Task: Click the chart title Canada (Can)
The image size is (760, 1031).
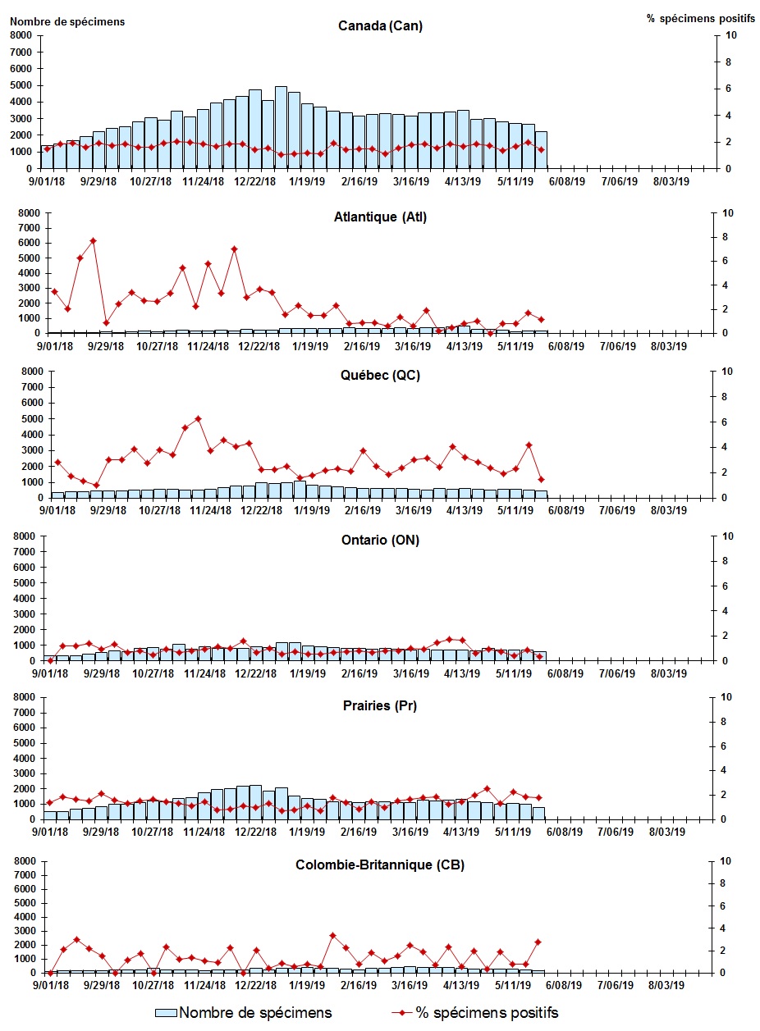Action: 380,25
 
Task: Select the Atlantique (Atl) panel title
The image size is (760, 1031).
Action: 380,217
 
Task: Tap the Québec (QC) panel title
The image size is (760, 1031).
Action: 380,376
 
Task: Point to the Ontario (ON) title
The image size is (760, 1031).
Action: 380,541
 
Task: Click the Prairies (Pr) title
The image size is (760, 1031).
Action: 380,705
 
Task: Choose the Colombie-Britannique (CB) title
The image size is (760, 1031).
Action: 380,865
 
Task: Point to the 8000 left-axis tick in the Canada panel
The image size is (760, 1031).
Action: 23,35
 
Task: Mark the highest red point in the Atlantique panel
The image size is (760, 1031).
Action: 93,240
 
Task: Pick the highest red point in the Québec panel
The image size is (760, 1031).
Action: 198,418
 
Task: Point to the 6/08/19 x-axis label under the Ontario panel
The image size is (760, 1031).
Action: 565,673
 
